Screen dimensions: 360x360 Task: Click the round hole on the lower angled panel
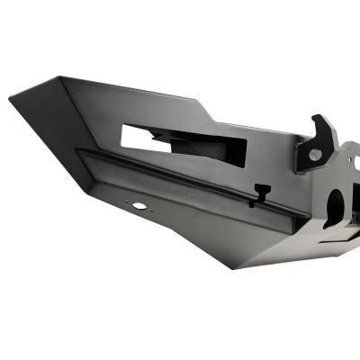[139, 206]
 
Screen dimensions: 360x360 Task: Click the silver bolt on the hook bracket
[313, 155]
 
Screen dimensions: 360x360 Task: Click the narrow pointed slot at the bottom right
[343, 241]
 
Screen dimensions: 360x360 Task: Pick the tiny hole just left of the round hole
[128, 203]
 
